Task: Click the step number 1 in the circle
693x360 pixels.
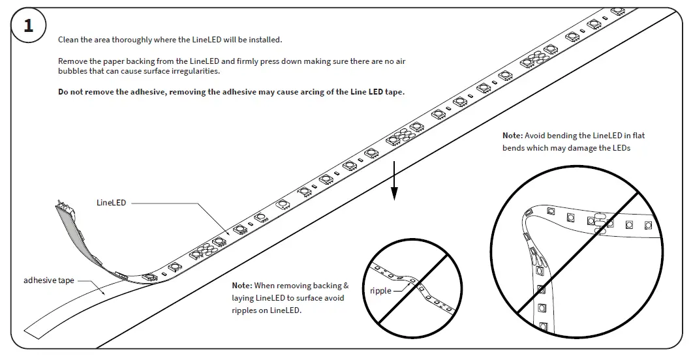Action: tap(28, 26)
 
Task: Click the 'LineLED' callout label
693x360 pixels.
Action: tap(111, 203)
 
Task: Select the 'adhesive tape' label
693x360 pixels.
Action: tap(49, 280)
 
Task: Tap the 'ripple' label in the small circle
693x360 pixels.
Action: tap(380, 290)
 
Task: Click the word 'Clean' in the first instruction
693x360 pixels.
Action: tap(68, 40)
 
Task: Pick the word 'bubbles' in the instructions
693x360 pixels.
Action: tap(72, 71)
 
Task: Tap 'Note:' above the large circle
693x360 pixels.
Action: tap(512, 136)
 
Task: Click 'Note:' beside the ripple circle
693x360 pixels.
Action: tap(242, 286)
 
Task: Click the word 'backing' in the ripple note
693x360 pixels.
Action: tap(328, 286)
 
